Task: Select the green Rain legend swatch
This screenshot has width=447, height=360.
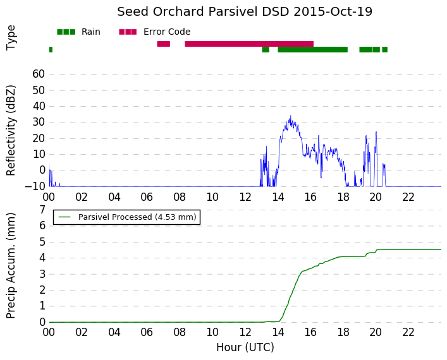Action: click(x=66, y=32)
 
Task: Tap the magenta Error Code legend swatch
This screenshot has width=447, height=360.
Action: click(x=128, y=32)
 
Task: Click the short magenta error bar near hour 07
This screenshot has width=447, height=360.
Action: click(x=163, y=44)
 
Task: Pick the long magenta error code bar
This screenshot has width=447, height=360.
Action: click(x=249, y=44)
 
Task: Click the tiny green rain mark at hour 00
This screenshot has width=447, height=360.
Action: click(x=51, y=49)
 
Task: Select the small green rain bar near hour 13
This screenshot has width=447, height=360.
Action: click(x=266, y=49)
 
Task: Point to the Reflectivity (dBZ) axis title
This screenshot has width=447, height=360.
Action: click(x=11, y=131)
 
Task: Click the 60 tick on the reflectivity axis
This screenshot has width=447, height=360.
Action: click(x=39, y=74)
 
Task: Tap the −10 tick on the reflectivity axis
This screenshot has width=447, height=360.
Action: click(x=35, y=186)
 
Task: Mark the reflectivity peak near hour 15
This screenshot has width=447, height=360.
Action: click(x=290, y=116)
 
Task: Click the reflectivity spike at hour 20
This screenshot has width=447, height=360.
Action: click(x=376, y=132)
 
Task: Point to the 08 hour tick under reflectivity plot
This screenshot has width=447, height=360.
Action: click(x=180, y=197)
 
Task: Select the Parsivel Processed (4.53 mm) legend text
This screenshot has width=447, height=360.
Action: click(x=137, y=217)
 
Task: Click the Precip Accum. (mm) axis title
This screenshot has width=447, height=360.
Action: click(x=11, y=266)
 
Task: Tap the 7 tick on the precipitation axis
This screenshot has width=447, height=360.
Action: click(x=42, y=210)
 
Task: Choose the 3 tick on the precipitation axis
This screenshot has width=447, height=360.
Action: click(x=42, y=274)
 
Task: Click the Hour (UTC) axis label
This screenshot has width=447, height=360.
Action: click(x=245, y=347)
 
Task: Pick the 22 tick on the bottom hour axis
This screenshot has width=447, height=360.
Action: click(x=408, y=332)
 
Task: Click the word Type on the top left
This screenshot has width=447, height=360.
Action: click(x=11, y=38)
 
